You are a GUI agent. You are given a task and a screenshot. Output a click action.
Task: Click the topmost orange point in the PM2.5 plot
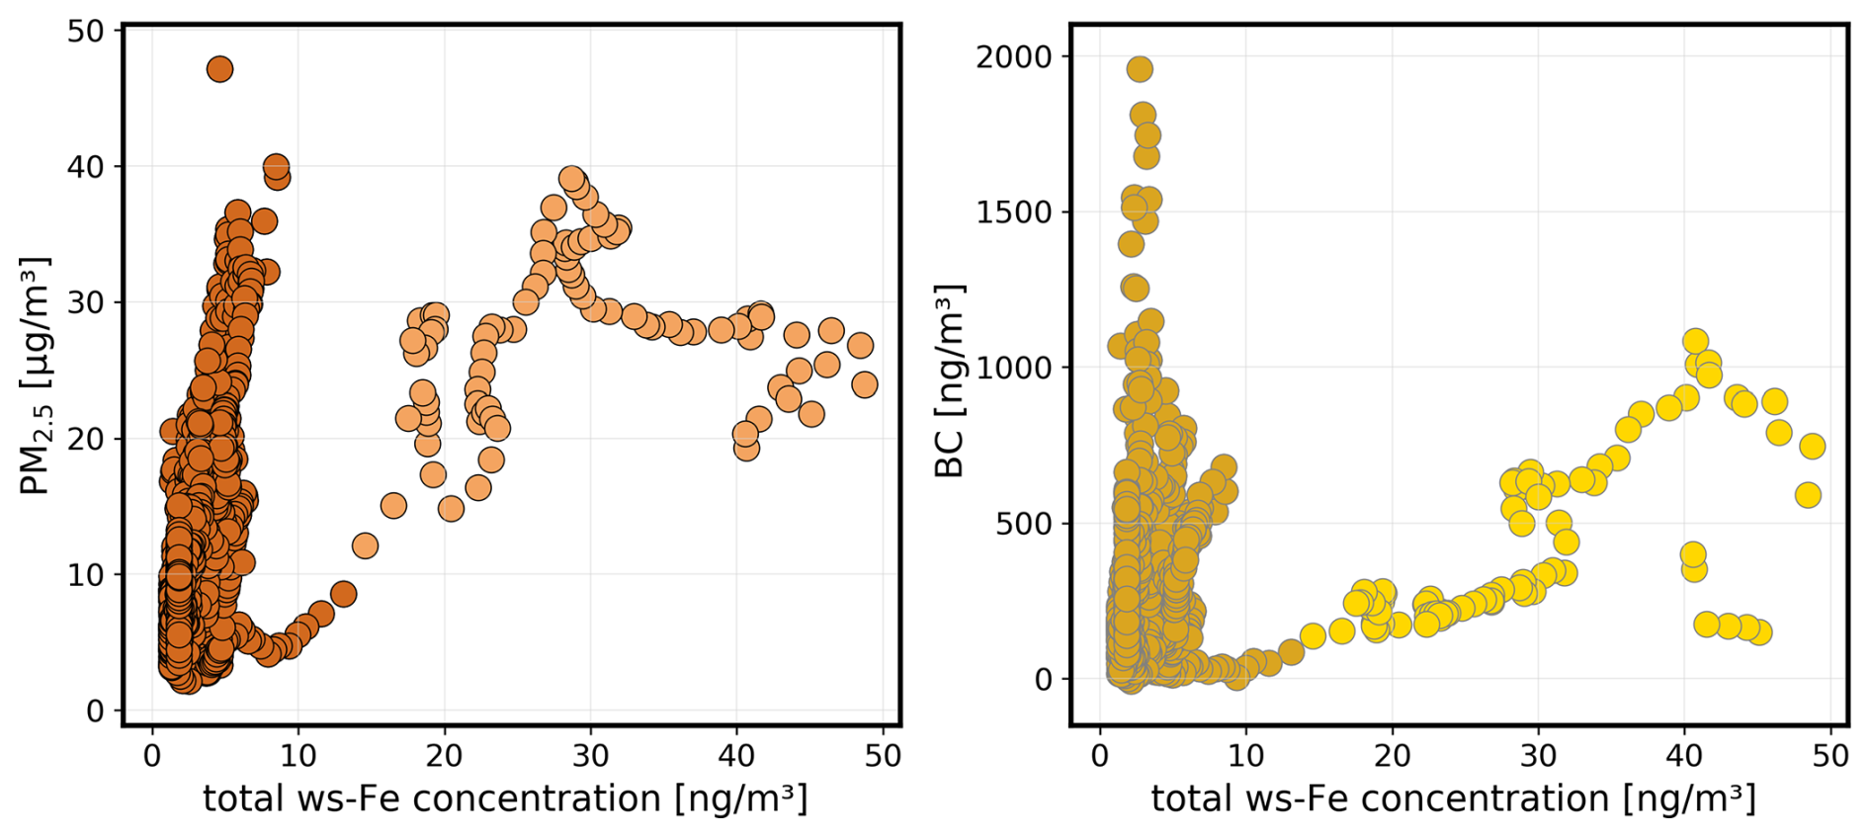click(x=219, y=69)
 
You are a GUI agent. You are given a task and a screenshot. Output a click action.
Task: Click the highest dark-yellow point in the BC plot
click(x=1140, y=69)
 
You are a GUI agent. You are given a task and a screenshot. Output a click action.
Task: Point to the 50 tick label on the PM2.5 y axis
click(x=85, y=31)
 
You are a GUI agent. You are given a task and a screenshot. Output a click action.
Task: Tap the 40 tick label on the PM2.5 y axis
click(x=85, y=166)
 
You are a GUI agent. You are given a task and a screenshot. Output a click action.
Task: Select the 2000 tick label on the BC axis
click(x=1014, y=56)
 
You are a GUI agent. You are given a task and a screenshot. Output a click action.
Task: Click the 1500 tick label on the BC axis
click(x=1014, y=211)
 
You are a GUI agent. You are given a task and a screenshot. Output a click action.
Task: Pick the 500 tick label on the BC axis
click(x=1024, y=523)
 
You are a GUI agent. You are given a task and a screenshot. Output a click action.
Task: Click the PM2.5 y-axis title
click(x=36, y=376)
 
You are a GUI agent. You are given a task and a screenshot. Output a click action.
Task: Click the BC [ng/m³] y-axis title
click(x=950, y=380)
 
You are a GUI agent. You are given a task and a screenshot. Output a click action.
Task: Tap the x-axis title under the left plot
click(x=505, y=798)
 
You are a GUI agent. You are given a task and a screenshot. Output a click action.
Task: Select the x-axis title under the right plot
click(x=1453, y=798)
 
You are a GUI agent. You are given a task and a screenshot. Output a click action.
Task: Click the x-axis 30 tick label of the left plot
click(x=590, y=756)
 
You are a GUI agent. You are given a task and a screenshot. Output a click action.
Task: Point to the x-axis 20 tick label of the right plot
click(x=1392, y=756)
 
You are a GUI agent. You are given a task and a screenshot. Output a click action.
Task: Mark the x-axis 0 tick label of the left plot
click(x=152, y=756)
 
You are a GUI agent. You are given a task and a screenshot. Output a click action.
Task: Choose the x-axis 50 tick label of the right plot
click(x=1830, y=756)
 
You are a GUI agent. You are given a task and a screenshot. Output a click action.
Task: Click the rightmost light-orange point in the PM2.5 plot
click(x=864, y=384)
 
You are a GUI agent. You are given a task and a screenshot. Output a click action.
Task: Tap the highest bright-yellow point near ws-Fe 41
click(x=1696, y=342)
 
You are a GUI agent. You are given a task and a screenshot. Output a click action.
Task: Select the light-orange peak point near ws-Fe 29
click(x=571, y=179)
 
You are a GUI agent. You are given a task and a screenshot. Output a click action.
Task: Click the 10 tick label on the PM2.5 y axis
click(x=85, y=574)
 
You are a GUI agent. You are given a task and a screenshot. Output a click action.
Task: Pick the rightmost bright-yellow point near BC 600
click(x=1808, y=495)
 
